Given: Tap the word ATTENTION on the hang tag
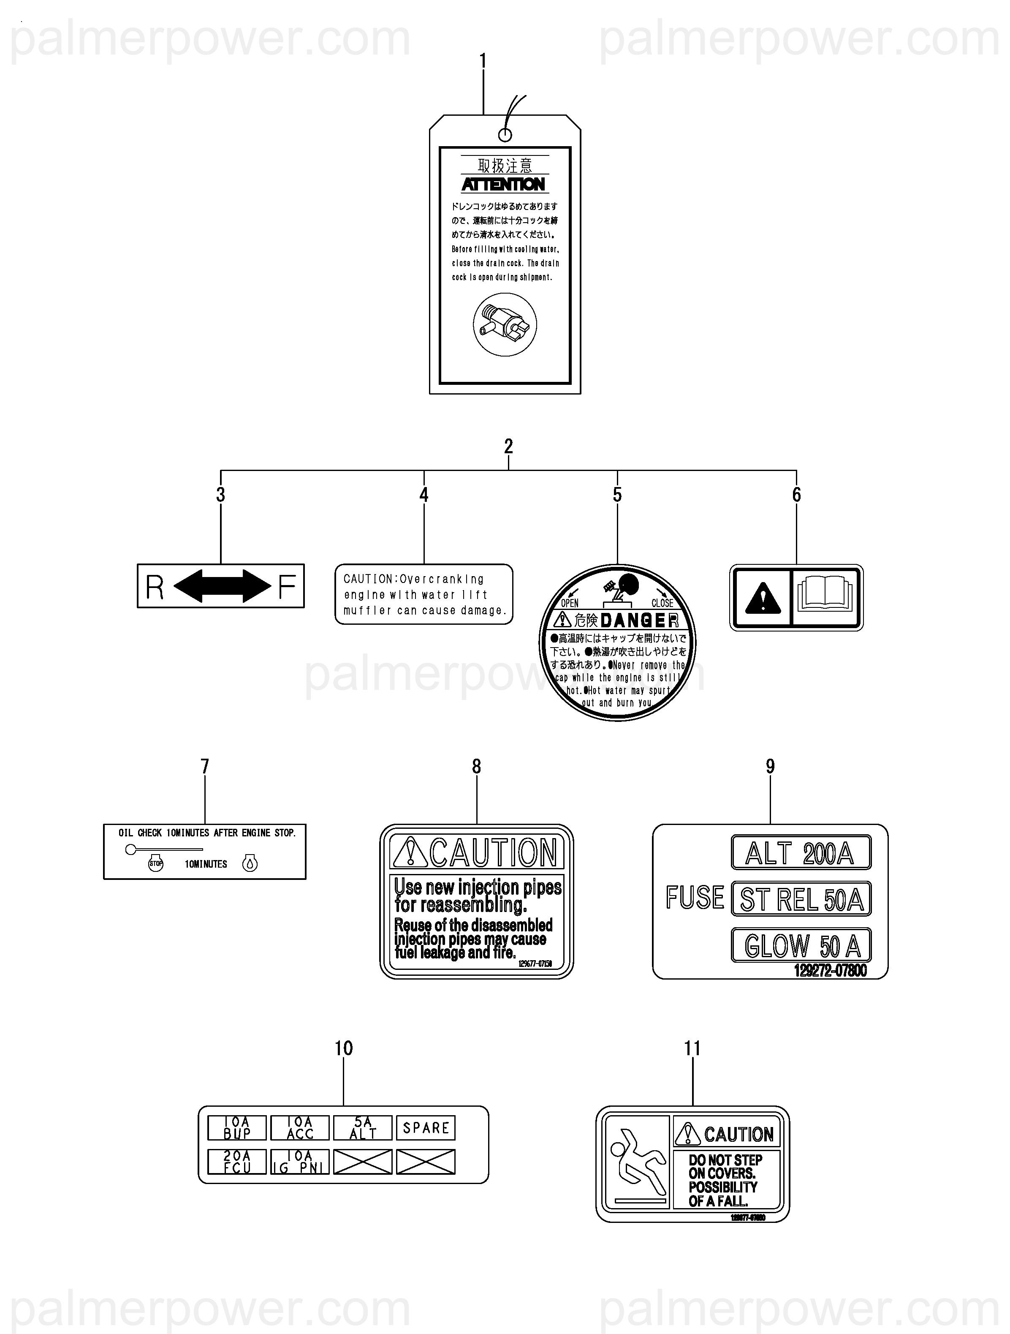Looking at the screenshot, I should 503,185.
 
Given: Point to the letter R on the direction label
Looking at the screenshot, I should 155,587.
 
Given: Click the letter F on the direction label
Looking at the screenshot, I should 287,586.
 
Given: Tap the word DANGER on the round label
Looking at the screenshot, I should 639,620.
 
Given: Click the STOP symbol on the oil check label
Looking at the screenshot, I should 155,863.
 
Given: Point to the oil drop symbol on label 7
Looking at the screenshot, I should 250,863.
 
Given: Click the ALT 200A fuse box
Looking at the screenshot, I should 801,853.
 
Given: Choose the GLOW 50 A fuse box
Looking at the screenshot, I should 801,945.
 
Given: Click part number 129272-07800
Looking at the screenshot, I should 830,970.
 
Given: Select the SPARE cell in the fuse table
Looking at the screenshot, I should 426,1128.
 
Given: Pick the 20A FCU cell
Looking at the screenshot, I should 237,1162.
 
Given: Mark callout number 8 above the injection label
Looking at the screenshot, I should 476,767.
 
